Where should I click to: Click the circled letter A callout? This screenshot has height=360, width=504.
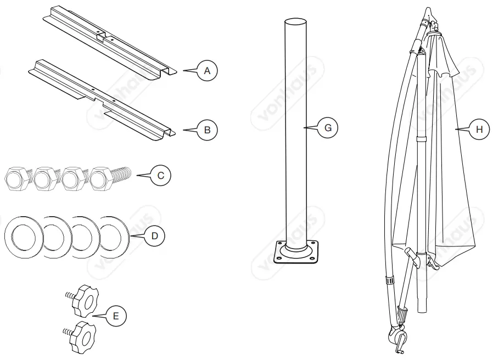(x=207, y=71)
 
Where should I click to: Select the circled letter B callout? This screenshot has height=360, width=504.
(x=207, y=130)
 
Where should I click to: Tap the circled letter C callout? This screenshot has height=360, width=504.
(x=161, y=176)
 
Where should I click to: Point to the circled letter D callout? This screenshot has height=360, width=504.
(x=154, y=236)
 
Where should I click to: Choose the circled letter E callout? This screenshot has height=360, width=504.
(x=115, y=316)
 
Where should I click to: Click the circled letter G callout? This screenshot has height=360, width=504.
(x=328, y=128)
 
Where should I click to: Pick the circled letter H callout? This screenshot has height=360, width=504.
(x=479, y=130)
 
